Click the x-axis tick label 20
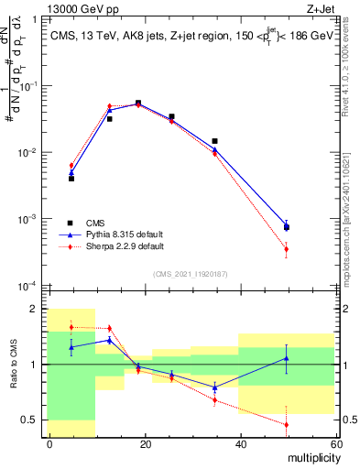pyautogui.click(x=145, y=443)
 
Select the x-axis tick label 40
pyautogui.click(x=240, y=443)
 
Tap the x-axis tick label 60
pyautogui.click(x=334, y=443)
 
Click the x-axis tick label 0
pyautogui.click(x=49, y=443)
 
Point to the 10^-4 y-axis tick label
pyautogui.click(x=30, y=286)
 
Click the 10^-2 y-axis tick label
pyautogui.click(x=30, y=152)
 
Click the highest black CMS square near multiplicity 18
pyautogui.click(x=138, y=104)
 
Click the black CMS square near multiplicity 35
pyautogui.click(x=214, y=141)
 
